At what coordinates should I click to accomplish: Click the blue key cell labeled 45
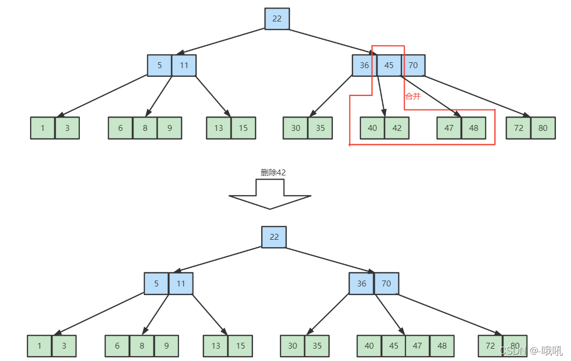pos(389,65)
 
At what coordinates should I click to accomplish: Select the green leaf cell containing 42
pos(397,128)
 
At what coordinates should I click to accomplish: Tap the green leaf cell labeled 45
pos(394,345)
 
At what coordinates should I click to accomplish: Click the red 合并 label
pos(413,96)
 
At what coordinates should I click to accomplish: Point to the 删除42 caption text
pos(273,172)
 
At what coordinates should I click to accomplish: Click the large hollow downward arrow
pos(270,194)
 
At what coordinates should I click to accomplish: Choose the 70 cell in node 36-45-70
pos(413,65)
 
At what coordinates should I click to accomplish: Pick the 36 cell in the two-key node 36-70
pos(361,283)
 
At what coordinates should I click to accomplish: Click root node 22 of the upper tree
pos(277,19)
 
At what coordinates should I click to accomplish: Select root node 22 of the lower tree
pos(274,237)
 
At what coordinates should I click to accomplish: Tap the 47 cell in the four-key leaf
pos(418,345)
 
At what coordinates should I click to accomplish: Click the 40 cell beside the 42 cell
pos(372,128)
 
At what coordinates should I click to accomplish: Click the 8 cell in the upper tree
pos(145,128)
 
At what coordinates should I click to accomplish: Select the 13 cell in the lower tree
pos(216,345)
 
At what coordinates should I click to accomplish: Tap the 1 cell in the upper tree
pos(42,128)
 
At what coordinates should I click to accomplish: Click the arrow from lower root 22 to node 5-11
pos(218,260)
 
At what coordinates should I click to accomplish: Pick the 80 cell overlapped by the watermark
pos(515,345)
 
